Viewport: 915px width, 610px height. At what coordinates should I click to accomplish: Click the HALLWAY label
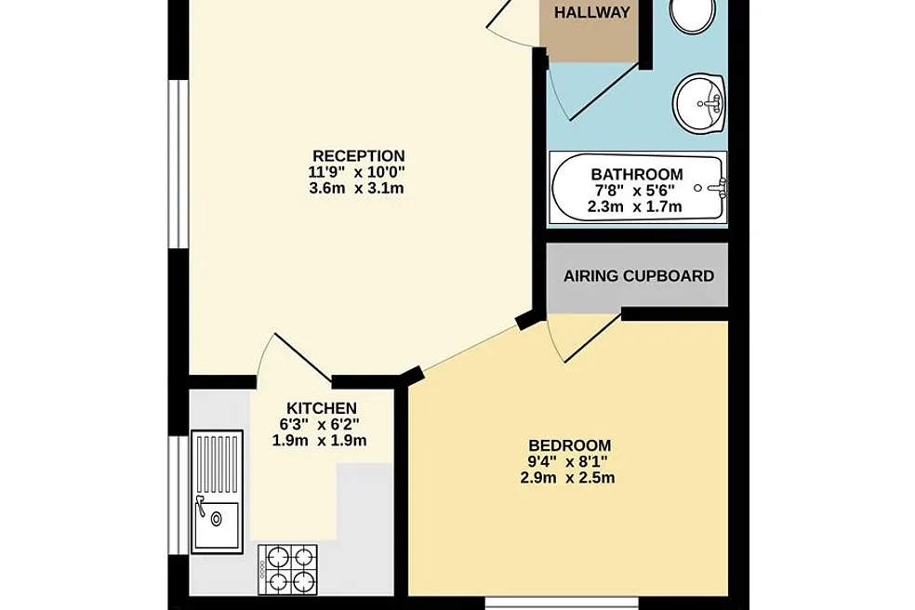(591, 12)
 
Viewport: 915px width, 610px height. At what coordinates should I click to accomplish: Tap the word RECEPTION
(358, 156)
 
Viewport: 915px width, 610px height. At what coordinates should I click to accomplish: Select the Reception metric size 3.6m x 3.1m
(356, 189)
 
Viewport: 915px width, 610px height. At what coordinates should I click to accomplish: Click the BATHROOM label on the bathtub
(637, 175)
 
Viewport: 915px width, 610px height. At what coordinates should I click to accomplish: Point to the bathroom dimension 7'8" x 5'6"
(634, 191)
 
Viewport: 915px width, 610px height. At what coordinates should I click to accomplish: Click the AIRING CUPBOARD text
(639, 275)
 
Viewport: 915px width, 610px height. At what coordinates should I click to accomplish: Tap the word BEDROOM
(569, 446)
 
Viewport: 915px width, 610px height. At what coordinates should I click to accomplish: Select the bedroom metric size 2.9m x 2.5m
(567, 478)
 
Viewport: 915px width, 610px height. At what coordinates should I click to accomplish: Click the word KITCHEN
(322, 408)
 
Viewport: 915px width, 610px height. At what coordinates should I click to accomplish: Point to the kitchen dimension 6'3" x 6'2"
(319, 424)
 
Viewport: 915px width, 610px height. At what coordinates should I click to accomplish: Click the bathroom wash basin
(699, 104)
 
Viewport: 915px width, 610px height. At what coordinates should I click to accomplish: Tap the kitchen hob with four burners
(287, 570)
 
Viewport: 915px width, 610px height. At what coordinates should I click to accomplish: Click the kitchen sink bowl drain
(217, 518)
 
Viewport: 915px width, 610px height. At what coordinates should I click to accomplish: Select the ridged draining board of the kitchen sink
(217, 466)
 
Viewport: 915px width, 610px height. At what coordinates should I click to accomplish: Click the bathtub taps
(718, 188)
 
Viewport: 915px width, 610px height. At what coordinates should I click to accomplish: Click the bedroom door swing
(577, 338)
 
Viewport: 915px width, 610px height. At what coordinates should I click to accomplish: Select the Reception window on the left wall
(179, 165)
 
